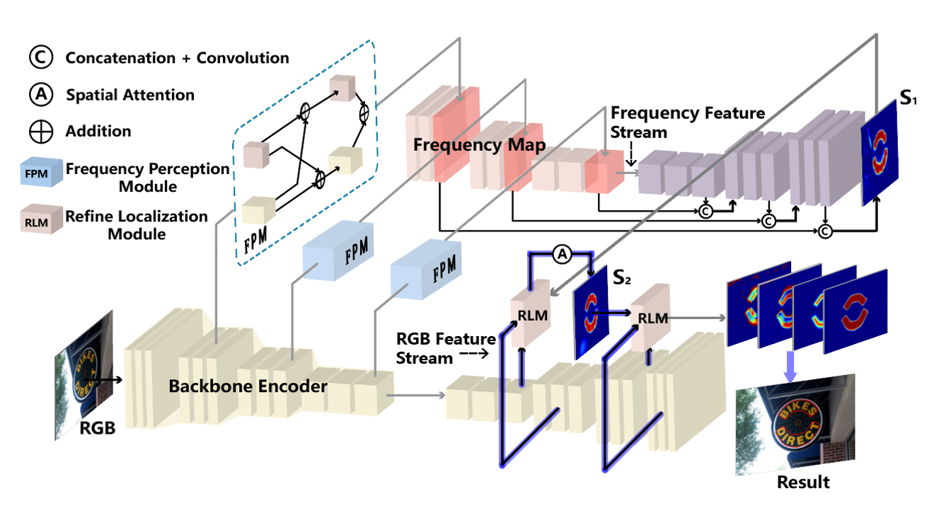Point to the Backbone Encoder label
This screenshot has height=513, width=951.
pos(248,386)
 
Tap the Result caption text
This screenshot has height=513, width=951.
pos(802,483)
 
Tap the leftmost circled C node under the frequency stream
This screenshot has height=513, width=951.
pos(705,209)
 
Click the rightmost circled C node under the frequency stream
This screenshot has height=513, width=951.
pos(826,231)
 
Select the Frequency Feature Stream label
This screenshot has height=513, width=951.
pos(686,122)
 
